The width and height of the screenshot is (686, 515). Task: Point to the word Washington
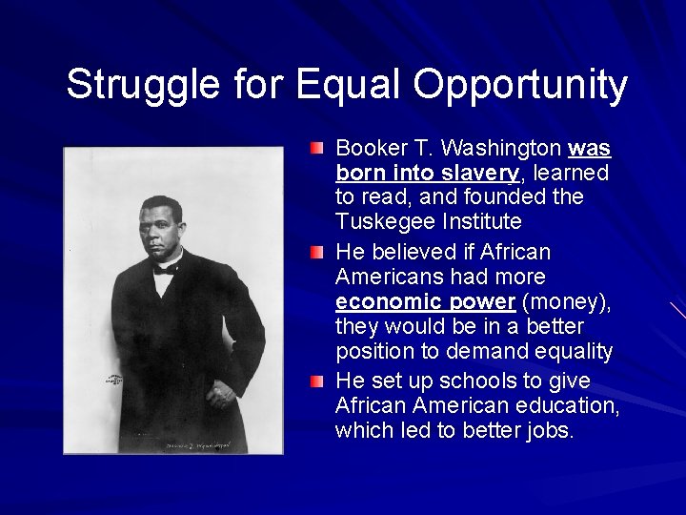(x=503, y=149)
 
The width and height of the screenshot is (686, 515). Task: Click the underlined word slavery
(x=481, y=174)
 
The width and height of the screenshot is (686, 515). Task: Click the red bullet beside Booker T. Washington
(x=316, y=149)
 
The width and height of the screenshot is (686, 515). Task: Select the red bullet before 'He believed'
(x=316, y=253)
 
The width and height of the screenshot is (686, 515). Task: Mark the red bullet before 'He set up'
(x=316, y=381)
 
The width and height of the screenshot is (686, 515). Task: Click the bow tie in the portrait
(x=167, y=270)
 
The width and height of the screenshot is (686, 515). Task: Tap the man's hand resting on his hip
(x=220, y=390)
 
